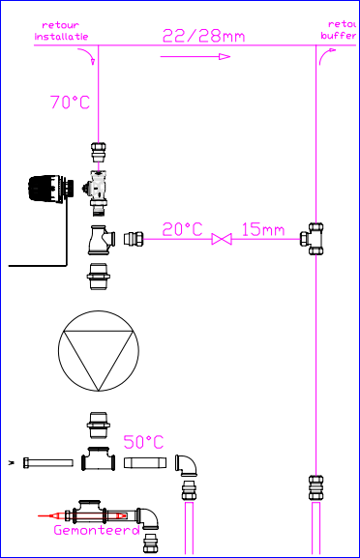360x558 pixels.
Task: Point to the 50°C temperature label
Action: pyautogui.click(x=143, y=441)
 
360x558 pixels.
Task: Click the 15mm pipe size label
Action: pyautogui.click(x=263, y=229)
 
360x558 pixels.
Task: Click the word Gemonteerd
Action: pyautogui.click(x=96, y=530)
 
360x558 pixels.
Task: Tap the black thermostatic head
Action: pyautogui.click(x=48, y=189)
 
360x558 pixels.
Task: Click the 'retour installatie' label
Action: pyautogui.click(x=61, y=30)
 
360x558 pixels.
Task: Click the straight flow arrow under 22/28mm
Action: pyautogui.click(x=196, y=57)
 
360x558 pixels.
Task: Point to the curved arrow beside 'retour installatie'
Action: pyautogui.click(x=93, y=61)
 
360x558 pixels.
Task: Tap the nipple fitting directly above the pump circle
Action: pyautogui.click(x=99, y=277)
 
